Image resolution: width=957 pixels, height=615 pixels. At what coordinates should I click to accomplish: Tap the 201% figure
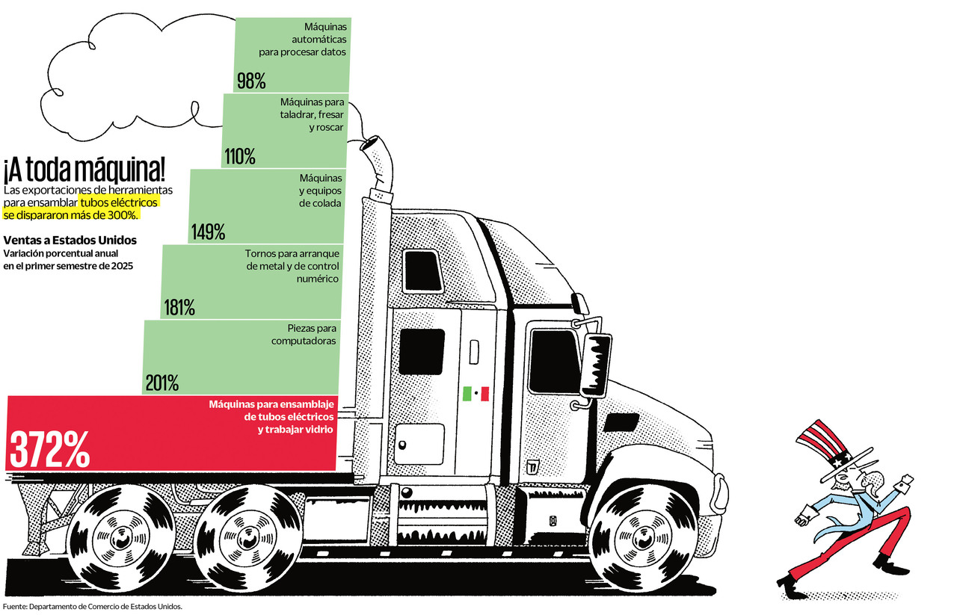161,383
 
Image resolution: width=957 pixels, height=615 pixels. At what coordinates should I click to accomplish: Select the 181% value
179,307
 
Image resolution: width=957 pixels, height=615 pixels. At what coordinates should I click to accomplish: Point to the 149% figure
208,232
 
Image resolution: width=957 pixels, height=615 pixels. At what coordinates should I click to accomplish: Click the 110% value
239,157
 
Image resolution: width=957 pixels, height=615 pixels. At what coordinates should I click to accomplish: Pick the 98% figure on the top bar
251,81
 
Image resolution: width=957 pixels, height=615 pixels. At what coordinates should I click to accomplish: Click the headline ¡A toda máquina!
84,171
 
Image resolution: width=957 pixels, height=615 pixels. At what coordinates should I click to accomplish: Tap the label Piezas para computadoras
304,334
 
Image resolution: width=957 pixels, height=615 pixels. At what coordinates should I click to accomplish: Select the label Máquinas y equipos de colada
321,191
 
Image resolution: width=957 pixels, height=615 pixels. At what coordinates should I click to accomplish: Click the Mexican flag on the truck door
476,393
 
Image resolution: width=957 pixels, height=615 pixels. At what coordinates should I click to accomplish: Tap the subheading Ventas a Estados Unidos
70,241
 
